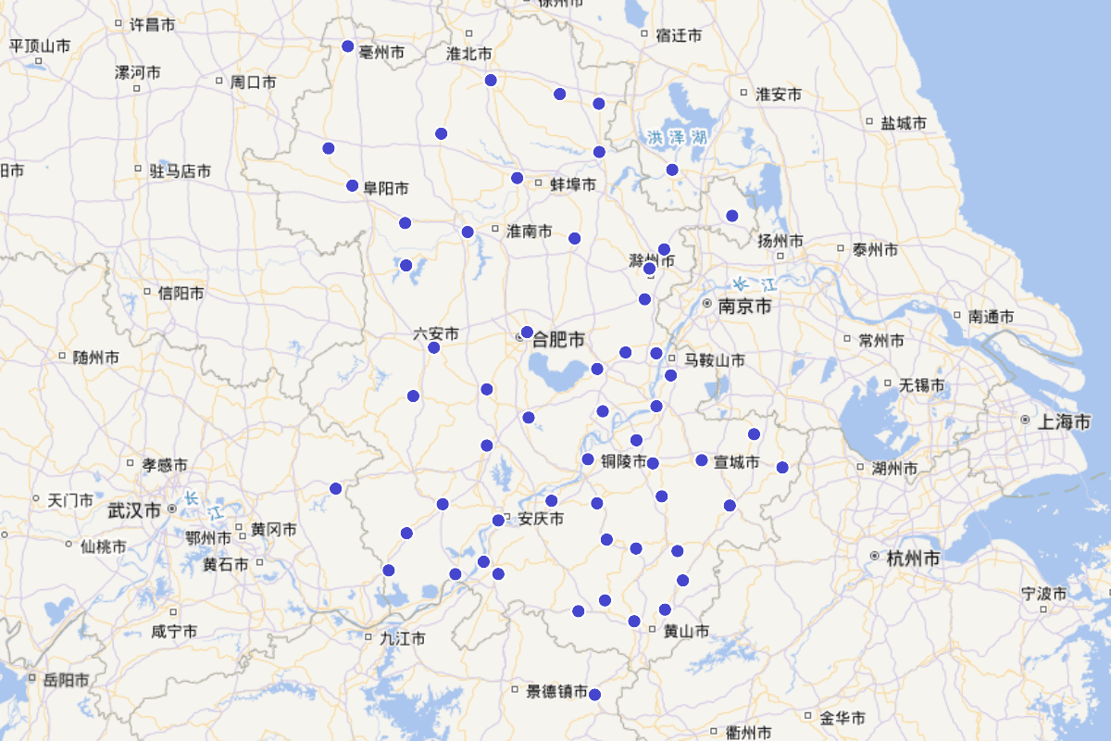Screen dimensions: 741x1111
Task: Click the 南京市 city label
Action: tap(744, 306)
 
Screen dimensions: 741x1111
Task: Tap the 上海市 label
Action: tap(1064, 421)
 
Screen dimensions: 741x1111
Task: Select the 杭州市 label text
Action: tap(913, 559)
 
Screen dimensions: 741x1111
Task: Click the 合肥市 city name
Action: tap(557, 341)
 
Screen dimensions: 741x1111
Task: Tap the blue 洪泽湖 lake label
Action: tap(677, 138)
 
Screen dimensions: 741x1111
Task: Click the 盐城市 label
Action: tap(904, 122)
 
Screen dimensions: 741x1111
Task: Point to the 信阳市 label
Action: tap(181, 293)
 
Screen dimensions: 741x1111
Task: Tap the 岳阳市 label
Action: tap(66, 680)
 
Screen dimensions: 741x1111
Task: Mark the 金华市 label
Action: tap(843, 718)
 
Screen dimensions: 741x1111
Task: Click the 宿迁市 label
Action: tap(679, 35)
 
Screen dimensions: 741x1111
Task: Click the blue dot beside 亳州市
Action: tap(348, 46)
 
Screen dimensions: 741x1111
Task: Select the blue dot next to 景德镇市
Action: tap(594, 695)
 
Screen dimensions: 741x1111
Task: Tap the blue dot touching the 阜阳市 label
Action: tap(353, 185)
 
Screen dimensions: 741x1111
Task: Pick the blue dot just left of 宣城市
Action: tap(702, 460)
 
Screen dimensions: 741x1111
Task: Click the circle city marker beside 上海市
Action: tap(1025, 421)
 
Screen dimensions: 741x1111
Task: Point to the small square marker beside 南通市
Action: tap(959, 316)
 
